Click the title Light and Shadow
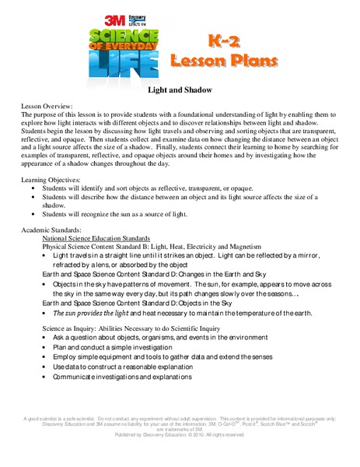(x=180, y=90)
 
